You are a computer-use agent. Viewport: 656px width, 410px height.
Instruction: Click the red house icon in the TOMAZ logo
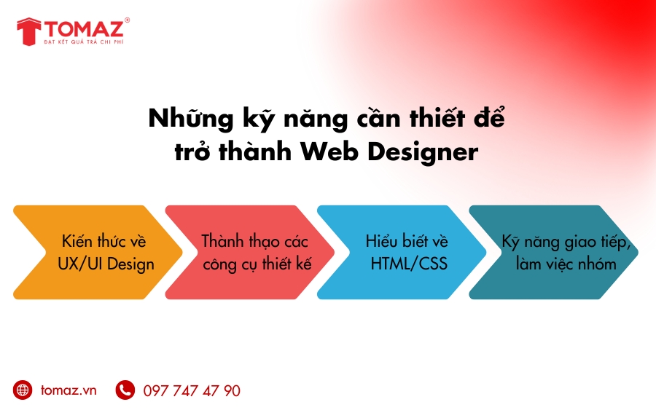coord(29,31)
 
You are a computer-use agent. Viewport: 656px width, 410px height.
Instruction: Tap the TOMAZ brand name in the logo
coord(84,28)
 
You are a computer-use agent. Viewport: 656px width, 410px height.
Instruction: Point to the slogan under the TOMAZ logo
coord(84,42)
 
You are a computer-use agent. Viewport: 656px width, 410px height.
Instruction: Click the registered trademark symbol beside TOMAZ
coord(127,20)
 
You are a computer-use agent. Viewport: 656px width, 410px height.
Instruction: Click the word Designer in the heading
coord(423,152)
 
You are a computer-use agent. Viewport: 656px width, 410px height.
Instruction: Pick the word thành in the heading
coord(255,151)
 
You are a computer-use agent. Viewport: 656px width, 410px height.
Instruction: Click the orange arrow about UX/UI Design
coord(98,252)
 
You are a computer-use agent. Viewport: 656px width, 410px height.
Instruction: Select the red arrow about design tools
coord(250,252)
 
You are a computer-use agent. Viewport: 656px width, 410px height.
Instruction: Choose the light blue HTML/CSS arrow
coord(402,252)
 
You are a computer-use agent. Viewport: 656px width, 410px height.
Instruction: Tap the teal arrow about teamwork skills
coord(553,252)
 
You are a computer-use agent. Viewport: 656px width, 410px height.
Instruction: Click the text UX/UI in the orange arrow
coord(80,264)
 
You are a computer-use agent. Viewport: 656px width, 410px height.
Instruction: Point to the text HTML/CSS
coord(409,264)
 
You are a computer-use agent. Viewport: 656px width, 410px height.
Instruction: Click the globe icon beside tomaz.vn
coord(23,390)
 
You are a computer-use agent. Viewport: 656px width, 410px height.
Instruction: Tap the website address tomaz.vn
coord(69,390)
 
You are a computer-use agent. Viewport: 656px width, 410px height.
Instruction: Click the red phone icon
coord(125,390)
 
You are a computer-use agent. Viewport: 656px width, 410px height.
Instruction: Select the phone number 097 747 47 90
coord(192,391)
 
